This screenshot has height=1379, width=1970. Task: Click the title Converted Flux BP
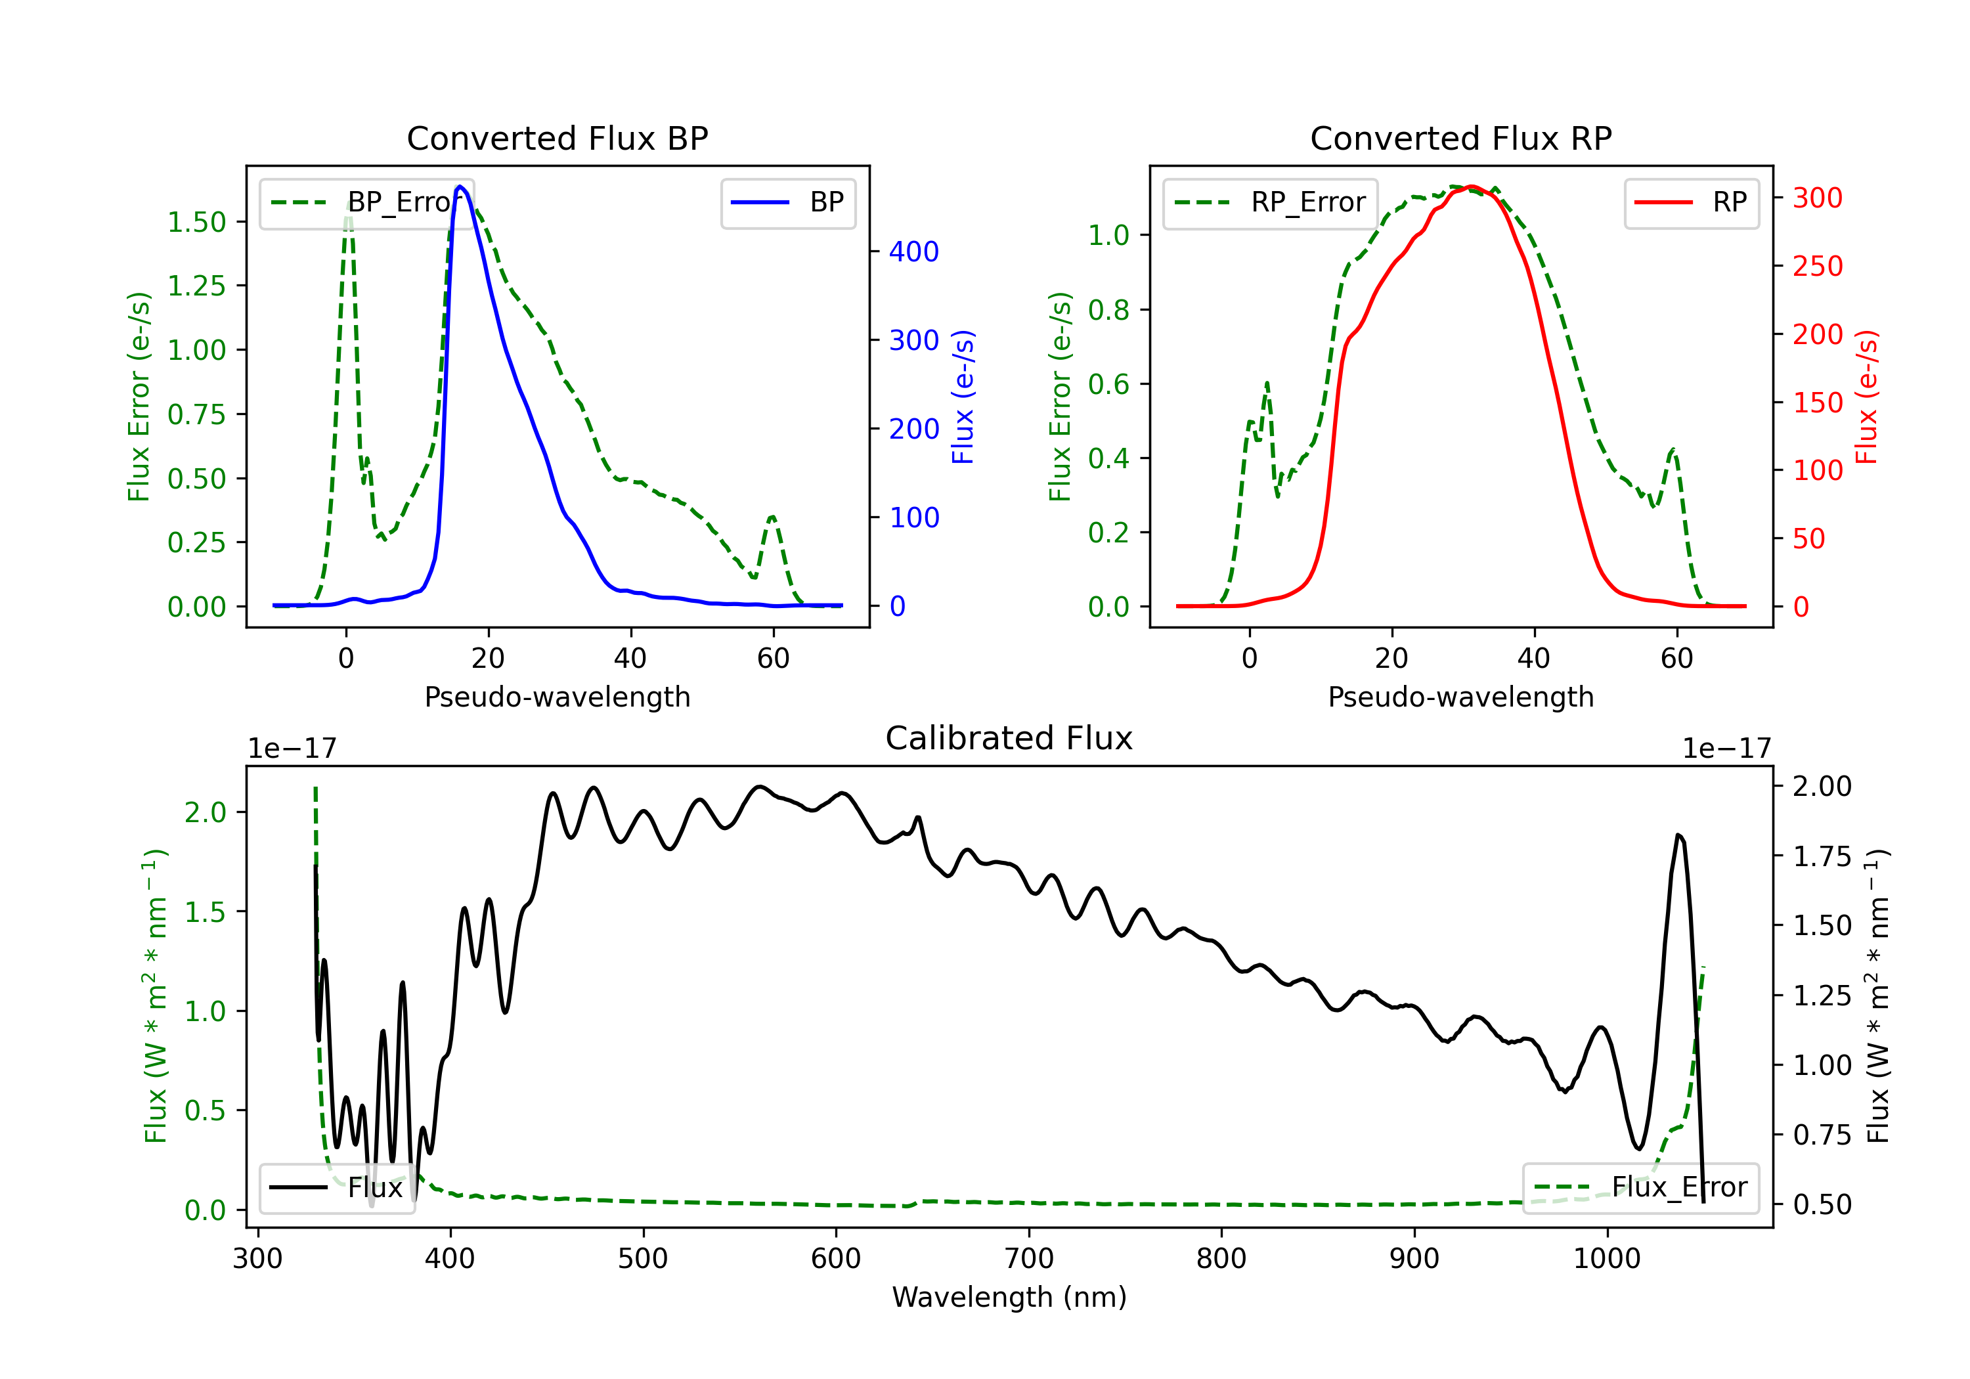coord(557,138)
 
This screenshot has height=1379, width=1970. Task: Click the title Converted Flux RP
coord(1460,138)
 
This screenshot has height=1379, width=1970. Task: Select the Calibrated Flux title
coord(1009,738)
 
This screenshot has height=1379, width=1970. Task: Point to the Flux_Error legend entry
coord(1640,1188)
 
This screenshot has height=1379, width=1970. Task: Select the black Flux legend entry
coord(336,1188)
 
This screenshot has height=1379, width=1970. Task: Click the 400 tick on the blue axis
coord(914,252)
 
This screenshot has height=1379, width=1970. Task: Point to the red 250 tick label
coord(1817,266)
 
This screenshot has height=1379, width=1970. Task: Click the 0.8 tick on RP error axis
coord(1108,310)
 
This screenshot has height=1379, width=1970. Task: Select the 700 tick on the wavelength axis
coord(1029,1259)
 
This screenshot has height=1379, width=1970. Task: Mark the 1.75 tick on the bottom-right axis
coord(1822,856)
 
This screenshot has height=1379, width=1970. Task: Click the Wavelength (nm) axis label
coord(1009,1297)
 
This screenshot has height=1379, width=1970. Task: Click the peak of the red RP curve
coord(1472,186)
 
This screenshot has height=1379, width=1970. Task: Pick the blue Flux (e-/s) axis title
coord(963,397)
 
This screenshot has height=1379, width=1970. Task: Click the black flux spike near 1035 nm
coord(1679,835)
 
